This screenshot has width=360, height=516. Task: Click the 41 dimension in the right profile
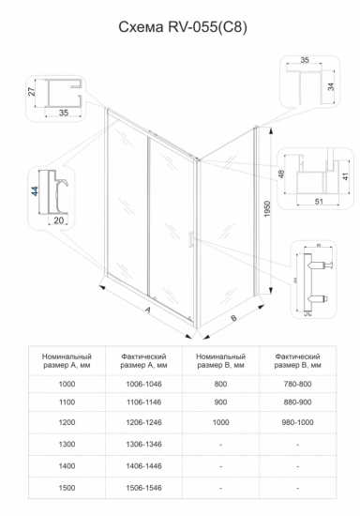click(x=345, y=174)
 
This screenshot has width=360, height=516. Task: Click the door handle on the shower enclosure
click(x=191, y=240)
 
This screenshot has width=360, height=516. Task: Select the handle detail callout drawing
click(x=315, y=279)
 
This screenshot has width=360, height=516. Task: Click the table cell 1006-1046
click(x=143, y=384)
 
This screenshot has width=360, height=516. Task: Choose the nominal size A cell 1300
click(x=67, y=444)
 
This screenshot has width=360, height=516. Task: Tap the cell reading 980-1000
click(x=297, y=424)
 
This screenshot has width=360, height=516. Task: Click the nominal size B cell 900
click(x=220, y=404)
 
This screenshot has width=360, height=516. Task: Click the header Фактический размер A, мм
click(x=143, y=361)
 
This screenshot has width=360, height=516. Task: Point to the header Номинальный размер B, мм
click(x=220, y=361)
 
